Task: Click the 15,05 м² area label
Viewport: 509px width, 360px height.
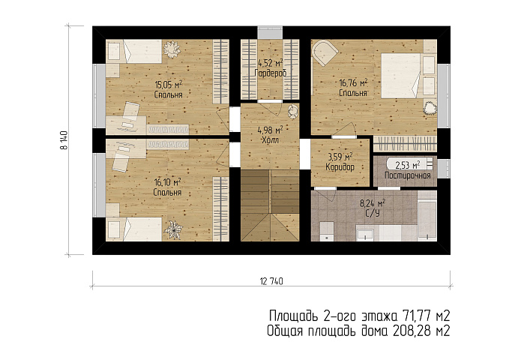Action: click(x=168, y=85)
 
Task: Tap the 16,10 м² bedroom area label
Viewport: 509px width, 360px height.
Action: click(x=167, y=182)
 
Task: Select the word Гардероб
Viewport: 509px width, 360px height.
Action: click(x=270, y=73)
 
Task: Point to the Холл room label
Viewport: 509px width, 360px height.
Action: click(x=270, y=140)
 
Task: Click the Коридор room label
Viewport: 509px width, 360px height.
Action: click(x=340, y=167)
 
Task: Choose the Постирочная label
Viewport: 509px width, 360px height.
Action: click(x=407, y=175)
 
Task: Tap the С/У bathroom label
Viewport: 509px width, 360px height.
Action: click(x=373, y=213)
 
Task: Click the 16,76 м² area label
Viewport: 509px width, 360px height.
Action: click(x=353, y=83)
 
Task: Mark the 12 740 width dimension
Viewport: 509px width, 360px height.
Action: click(x=271, y=281)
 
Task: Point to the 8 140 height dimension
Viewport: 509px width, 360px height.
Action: click(x=64, y=140)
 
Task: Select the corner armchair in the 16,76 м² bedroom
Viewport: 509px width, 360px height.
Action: click(x=325, y=52)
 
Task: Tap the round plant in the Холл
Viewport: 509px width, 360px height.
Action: click(x=293, y=111)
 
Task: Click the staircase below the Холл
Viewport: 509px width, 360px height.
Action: click(x=270, y=206)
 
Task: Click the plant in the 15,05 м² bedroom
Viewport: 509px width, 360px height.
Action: click(x=172, y=49)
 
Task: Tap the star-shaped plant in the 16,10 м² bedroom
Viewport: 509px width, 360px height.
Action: click(x=173, y=229)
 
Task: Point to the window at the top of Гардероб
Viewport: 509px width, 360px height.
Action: click(x=270, y=33)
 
